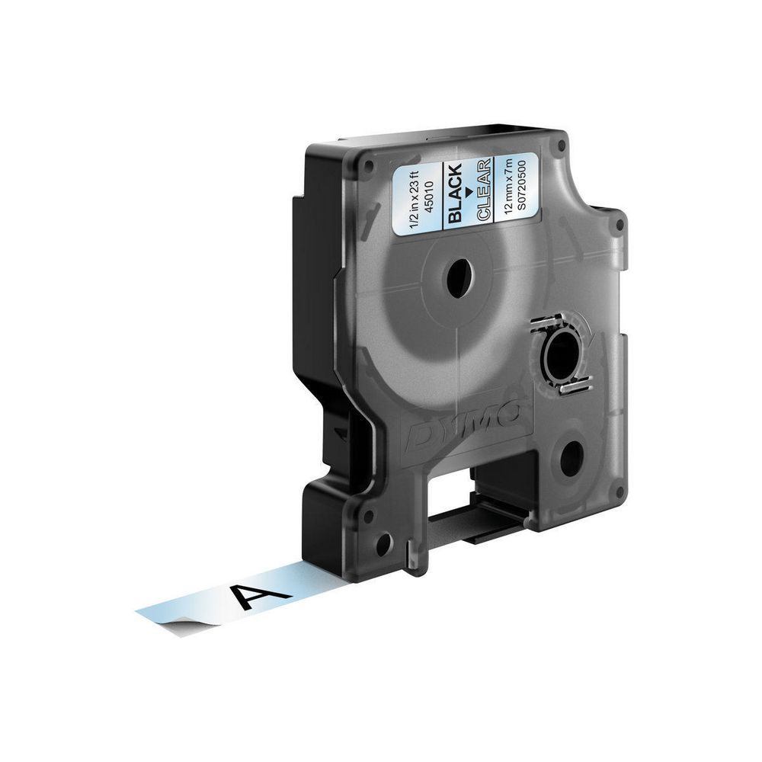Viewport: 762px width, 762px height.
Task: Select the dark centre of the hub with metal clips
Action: pyautogui.click(x=565, y=356)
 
